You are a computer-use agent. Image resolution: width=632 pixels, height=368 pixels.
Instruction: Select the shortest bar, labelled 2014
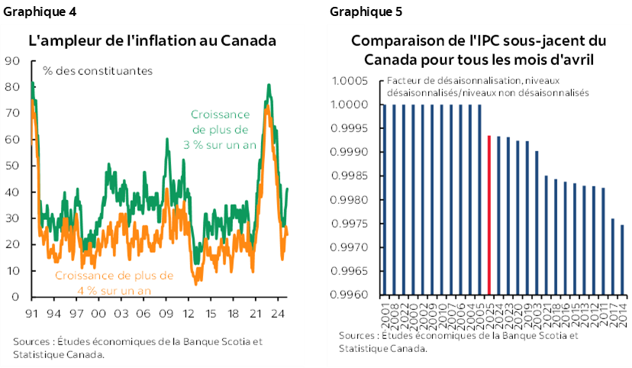622,260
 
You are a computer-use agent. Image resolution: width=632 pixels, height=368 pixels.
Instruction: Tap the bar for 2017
613,257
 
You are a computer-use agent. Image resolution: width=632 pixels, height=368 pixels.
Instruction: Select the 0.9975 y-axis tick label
352,224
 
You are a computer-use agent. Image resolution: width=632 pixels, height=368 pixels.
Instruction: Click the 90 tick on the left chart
13,61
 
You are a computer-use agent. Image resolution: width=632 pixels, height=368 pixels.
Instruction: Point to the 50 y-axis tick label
13,166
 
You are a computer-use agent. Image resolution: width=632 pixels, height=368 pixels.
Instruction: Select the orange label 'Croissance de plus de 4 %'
114,282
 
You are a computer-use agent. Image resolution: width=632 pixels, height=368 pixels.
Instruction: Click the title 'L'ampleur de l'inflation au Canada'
153,40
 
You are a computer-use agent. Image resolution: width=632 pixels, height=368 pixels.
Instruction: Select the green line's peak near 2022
269,84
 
